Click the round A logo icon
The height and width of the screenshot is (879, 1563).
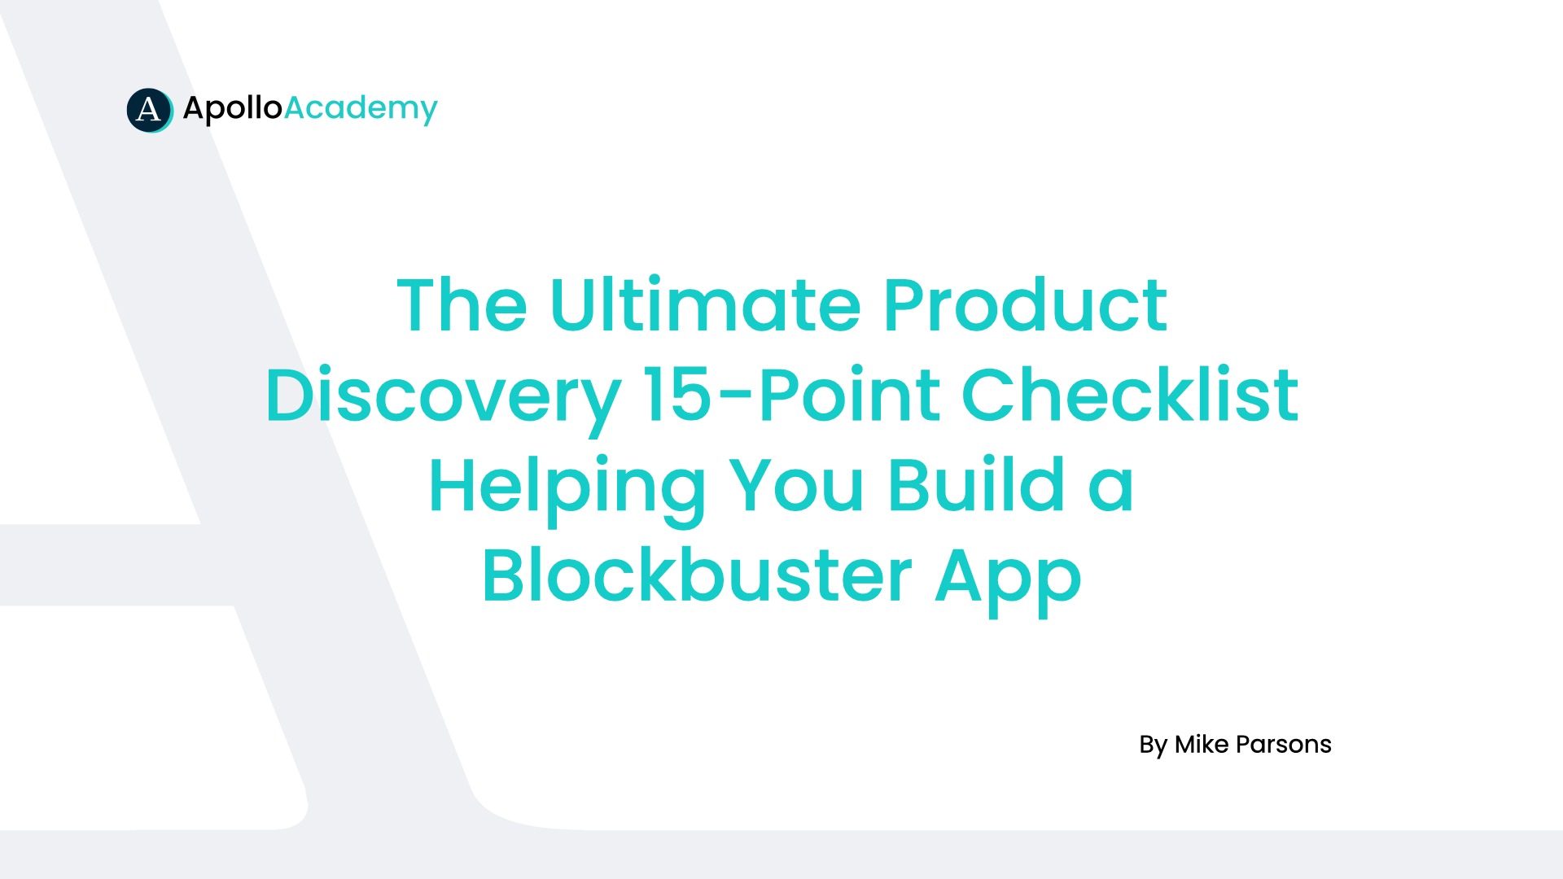(x=150, y=110)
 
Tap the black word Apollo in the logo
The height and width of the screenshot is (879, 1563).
(x=233, y=109)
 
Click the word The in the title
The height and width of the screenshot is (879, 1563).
(x=462, y=305)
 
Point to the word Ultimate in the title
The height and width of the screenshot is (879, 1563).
(x=705, y=305)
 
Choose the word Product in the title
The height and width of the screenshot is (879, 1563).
(x=1026, y=305)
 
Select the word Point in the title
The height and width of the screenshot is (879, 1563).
(x=849, y=395)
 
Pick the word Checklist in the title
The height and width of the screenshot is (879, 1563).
(x=1130, y=395)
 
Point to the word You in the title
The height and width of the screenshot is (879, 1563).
(x=796, y=486)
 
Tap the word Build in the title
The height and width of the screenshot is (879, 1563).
(x=977, y=485)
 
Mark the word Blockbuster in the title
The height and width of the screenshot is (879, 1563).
(x=697, y=575)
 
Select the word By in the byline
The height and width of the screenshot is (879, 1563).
(x=1154, y=746)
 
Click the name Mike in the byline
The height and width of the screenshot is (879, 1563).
(x=1202, y=744)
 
